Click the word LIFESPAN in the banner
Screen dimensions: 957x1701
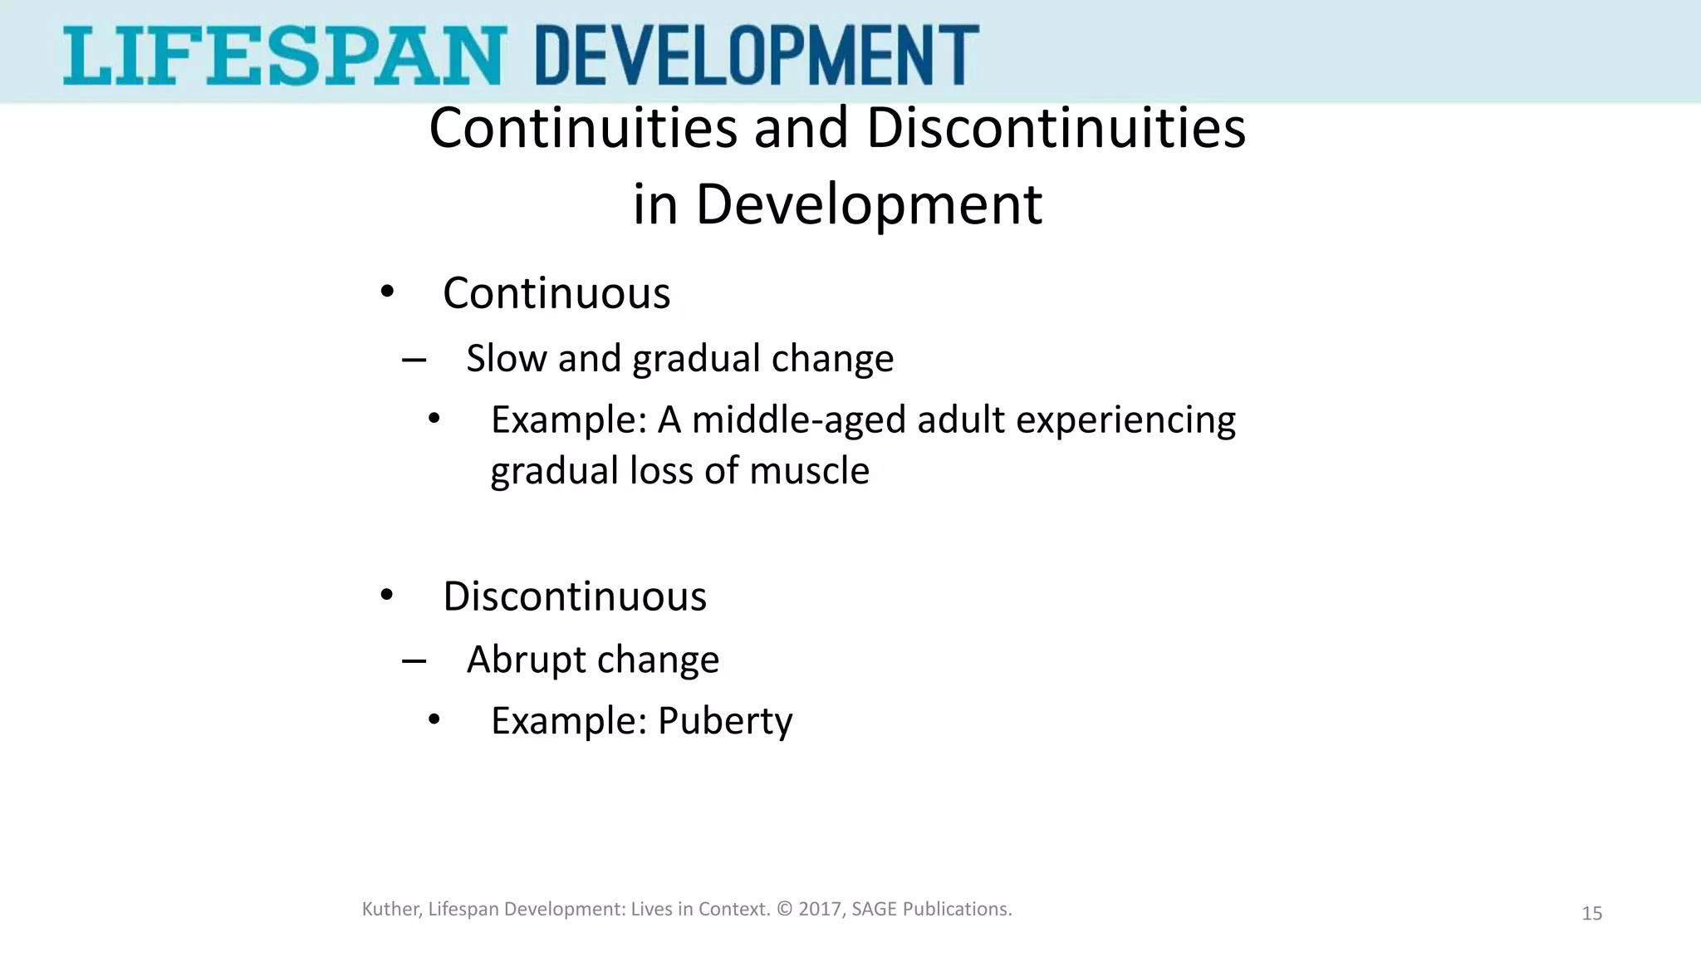(x=282, y=55)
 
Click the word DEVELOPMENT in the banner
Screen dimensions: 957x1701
(x=757, y=55)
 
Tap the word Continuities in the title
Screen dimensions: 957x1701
(x=583, y=129)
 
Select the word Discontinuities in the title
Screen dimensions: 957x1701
(x=1056, y=129)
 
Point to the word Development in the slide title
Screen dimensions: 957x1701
(x=868, y=204)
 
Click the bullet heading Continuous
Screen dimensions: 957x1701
(x=556, y=293)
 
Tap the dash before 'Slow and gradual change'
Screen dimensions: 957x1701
(x=414, y=361)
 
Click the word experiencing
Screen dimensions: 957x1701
(x=1125, y=420)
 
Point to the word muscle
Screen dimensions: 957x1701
(x=809, y=470)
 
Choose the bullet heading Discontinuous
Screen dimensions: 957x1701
(x=575, y=596)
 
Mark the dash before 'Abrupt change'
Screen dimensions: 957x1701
(x=414, y=661)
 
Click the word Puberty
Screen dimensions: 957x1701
(x=725, y=721)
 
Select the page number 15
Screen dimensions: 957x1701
(x=1591, y=914)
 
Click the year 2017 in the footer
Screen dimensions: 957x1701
(x=821, y=909)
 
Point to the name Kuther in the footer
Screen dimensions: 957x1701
(x=390, y=909)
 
